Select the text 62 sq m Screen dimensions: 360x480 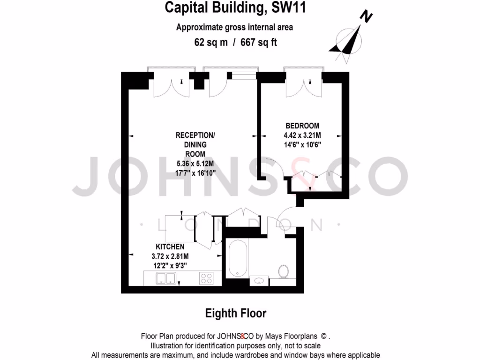tap(211, 42)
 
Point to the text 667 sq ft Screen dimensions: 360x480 tap(259, 42)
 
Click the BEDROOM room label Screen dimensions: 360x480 tap(302, 126)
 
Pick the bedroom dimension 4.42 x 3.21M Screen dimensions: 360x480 tap(302, 135)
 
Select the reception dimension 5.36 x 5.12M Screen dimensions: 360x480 tap(195, 164)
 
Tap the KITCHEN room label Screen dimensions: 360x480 tap(170, 247)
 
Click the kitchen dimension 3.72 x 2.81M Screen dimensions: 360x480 tap(170, 256)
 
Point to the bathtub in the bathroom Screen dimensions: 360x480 tap(237, 259)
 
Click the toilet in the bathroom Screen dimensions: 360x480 tap(283, 272)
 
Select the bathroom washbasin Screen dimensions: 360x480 tap(259, 280)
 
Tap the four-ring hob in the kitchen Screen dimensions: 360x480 tap(207, 278)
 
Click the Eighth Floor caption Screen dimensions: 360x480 tap(236, 313)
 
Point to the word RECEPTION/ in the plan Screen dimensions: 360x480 tap(195, 135)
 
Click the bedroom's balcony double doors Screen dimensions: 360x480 tap(303, 85)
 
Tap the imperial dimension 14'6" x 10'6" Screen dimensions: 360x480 tap(302, 144)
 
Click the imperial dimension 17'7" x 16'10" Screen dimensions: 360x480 tap(195, 173)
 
